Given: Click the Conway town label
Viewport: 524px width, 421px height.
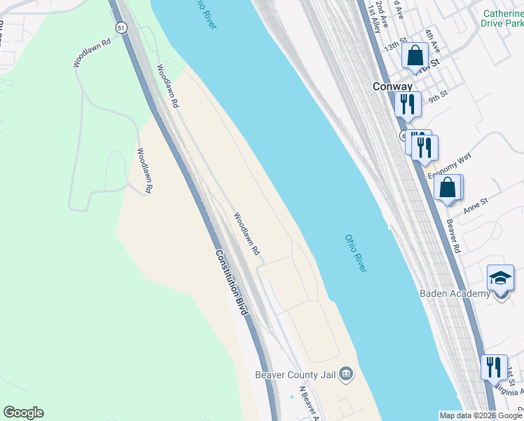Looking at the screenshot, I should (392, 86).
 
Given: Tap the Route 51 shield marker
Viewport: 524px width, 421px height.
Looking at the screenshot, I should (122, 27).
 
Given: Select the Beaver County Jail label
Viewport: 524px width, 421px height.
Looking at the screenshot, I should (296, 375).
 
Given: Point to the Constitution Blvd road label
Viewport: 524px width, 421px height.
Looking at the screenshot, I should (231, 282).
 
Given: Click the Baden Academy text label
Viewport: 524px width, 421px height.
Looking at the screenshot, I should (455, 293).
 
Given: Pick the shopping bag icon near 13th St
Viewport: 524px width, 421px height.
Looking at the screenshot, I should (415, 55).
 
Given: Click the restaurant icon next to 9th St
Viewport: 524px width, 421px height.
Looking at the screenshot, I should (407, 103).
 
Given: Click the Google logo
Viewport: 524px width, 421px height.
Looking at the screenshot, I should (23, 413).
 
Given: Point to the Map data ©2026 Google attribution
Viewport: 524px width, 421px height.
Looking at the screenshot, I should (481, 415).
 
